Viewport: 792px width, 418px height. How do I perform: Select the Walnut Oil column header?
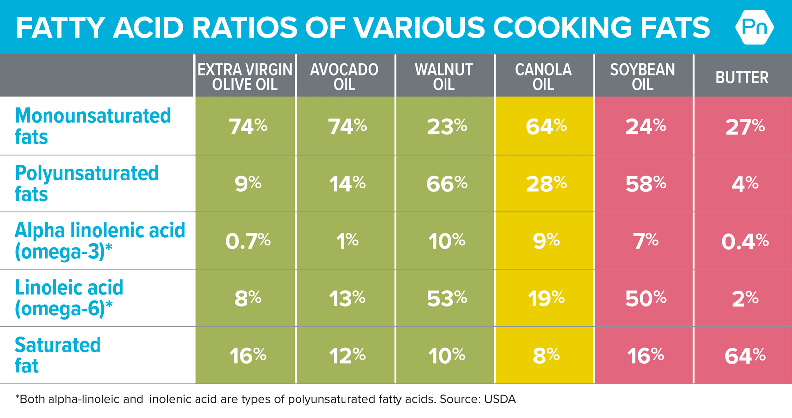(x=444, y=77)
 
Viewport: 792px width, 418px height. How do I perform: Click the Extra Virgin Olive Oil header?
(x=245, y=77)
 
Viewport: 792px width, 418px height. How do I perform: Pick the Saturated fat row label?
(x=57, y=355)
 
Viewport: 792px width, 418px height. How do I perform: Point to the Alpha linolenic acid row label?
(x=99, y=241)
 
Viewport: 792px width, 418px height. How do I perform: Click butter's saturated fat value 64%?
(x=744, y=356)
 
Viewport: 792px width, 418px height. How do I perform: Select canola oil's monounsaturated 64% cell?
(x=546, y=127)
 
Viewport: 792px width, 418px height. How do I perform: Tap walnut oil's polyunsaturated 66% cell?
(x=446, y=184)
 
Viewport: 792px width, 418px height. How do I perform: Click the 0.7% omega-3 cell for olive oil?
(x=247, y=241)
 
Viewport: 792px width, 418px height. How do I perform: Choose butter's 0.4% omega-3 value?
(x=744, y=241)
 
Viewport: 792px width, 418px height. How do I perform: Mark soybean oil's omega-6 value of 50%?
(x=645, y=298)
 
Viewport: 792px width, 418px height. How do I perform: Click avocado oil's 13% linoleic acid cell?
(x=347, y=298)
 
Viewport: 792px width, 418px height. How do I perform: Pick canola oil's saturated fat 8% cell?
(x=546, y=356)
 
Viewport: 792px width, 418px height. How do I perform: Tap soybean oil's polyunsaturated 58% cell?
(x=645, y=184)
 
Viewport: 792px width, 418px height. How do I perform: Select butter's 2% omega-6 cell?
(x=744, y=298)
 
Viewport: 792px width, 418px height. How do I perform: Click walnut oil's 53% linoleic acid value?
(x=446, y=298)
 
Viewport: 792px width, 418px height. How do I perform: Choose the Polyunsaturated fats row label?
(x=87, y=183)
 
